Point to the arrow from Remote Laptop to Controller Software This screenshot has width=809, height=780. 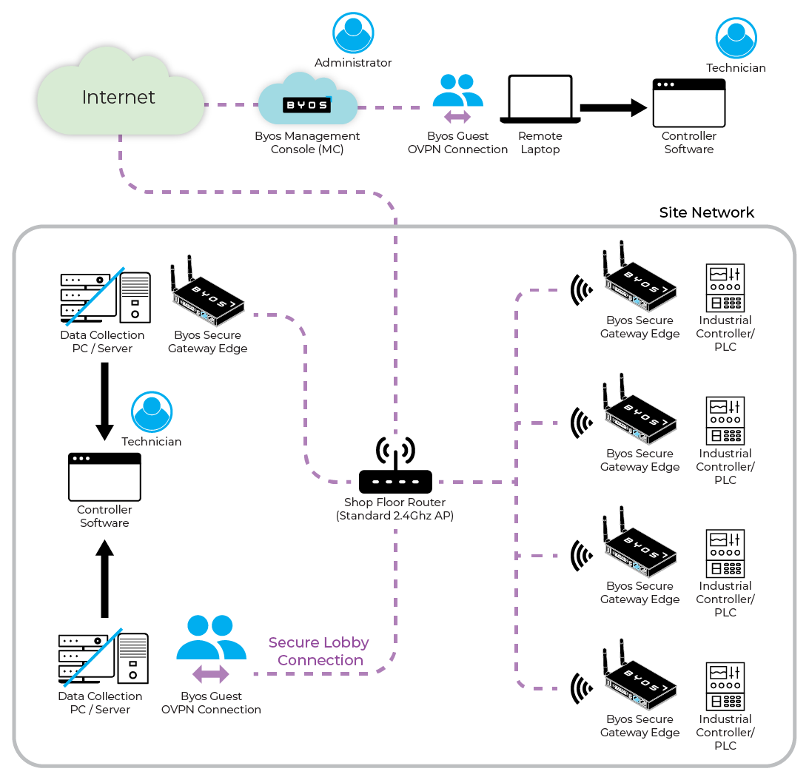[x=613, y=108]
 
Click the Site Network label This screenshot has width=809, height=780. [x=706, y=213]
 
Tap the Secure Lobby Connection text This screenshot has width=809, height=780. [x=319, y=651]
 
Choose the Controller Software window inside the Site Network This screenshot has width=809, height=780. [x=104, y=477]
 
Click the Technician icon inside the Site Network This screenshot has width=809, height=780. [x=152, y=412]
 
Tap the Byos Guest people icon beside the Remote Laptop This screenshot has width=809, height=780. [x=457, y=93]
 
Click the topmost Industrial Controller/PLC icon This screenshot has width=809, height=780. [x=725, y=288]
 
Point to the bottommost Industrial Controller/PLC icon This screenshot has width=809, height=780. [x=725, y=686]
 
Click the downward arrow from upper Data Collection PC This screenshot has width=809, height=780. [x=104, y=400]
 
